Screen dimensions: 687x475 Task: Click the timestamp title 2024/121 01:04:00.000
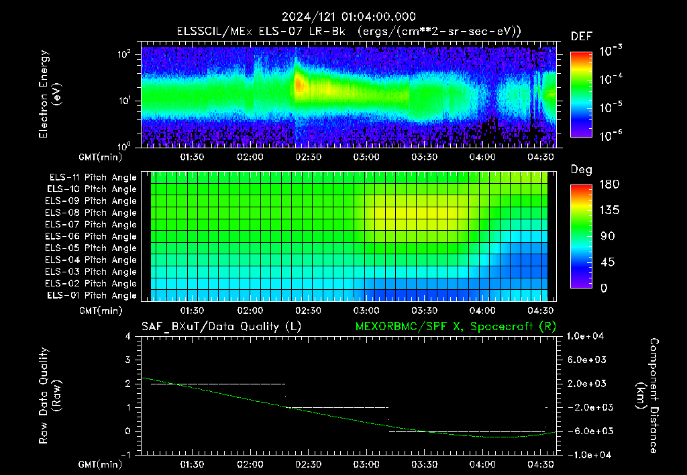pos(348,17)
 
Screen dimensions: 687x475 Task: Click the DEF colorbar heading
pos(582,36)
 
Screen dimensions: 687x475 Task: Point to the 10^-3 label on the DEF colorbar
pos(611,51)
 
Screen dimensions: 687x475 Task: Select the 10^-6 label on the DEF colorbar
pos(611,136)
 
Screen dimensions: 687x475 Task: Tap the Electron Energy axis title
pos(48,94)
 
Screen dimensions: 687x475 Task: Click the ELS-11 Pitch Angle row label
pos(93,178)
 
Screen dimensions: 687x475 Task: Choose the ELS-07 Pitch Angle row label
pos(91,224)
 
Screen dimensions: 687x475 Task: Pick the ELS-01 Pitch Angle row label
pos(92,295)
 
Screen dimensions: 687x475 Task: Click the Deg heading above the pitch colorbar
pos(581,170)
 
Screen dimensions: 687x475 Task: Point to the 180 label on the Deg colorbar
pos(609,184)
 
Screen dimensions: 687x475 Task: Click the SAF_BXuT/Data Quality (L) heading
pos(221,327)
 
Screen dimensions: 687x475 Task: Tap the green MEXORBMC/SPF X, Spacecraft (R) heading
pos(456,327)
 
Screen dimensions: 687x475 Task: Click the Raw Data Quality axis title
pos(49,395)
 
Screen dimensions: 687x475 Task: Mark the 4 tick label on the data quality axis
pos(128,336)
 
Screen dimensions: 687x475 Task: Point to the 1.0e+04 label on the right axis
pos(585,336)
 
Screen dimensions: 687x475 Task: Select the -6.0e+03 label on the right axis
pos(586,431)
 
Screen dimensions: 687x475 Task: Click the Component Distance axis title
pos(647,395)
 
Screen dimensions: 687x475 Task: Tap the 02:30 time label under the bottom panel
pos(308,464)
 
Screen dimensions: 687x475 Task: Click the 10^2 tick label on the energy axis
pos(124,54)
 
